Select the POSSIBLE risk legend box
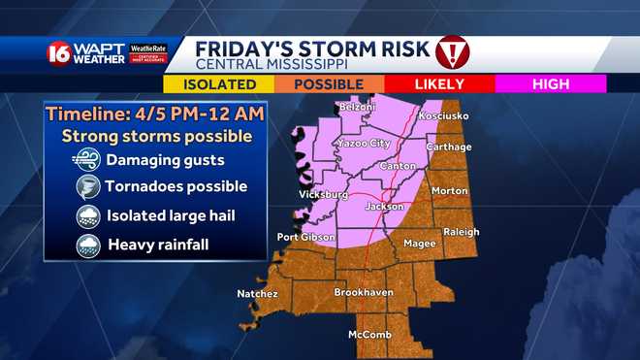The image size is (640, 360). (329, 84)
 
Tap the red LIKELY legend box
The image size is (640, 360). (439, 84)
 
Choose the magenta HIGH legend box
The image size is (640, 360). (550, 84)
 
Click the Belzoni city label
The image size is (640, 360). (356, 108)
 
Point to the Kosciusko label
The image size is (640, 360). (443, 116)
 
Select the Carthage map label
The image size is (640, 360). (449, 147)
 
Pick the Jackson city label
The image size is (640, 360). (385, 207)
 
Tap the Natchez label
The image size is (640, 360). (258, 293)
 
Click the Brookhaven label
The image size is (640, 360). (362, 292)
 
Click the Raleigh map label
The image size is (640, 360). (462, 232)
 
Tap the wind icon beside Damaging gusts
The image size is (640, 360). (88, 159)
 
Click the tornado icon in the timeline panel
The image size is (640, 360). (88, 187)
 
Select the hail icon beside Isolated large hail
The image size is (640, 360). (88, 216)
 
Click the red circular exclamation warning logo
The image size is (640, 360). (453, 52)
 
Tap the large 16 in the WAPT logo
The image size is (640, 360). (58, 54)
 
